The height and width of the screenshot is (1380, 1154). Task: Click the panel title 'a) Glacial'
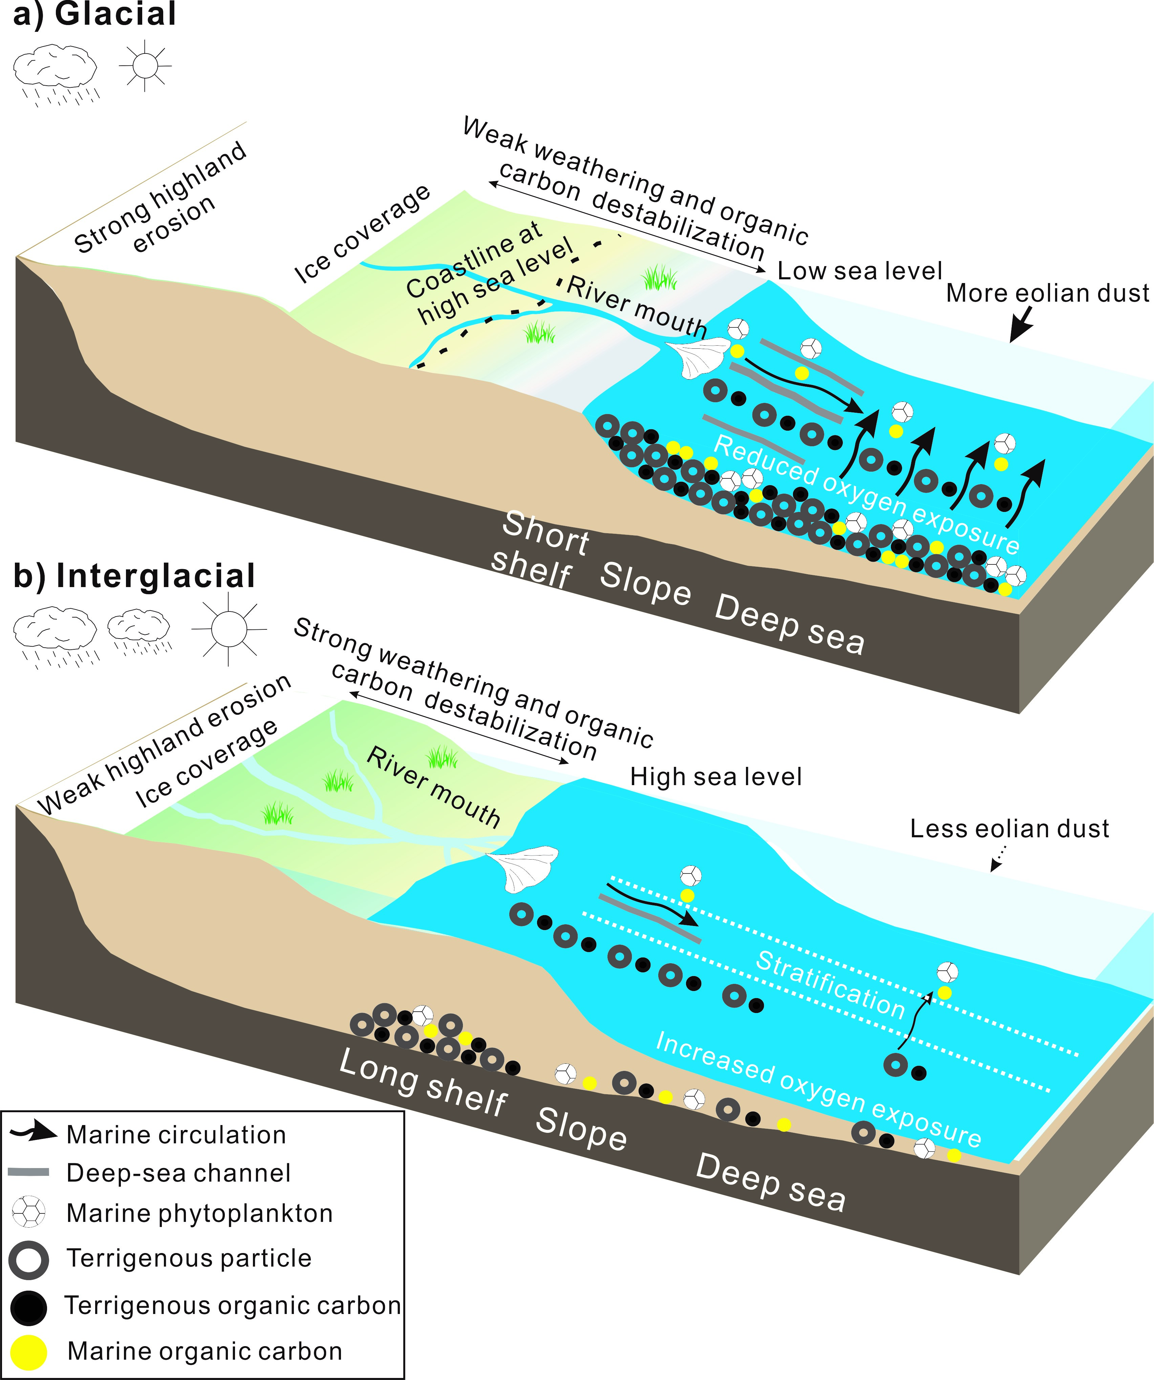pyautogui.click(x=94, y=15)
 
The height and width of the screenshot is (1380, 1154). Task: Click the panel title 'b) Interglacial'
pyautogui.click(x=134, y=576)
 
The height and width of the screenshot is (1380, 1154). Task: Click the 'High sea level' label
pyautogui.click(x=716, y=777)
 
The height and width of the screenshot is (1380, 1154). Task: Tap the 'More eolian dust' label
pyautogui.click(x=1048, y=293)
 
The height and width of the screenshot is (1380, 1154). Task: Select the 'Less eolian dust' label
pyautogui.click(x=1009, y=829)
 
